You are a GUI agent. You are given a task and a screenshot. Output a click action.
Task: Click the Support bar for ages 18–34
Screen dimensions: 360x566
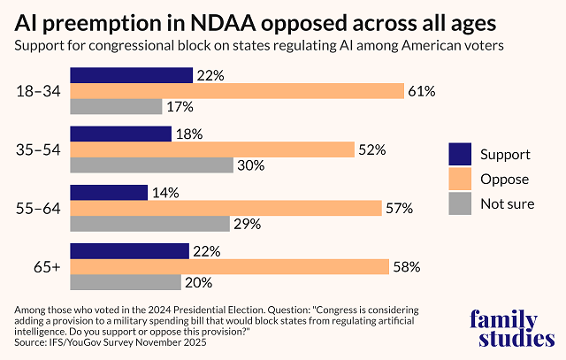point(131,75)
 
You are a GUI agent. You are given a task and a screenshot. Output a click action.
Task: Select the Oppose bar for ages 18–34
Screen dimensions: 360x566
point(236,90)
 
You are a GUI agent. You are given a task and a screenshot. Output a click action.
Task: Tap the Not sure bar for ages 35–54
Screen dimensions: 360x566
point(151,165)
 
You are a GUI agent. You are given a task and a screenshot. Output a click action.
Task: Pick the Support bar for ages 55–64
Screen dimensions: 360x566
point(108,193)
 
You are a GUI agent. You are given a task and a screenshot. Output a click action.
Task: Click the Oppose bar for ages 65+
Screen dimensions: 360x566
point(229,266)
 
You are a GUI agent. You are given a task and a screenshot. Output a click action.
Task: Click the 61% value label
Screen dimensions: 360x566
point(419,90)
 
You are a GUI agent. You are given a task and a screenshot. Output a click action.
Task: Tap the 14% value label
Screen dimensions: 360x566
point(165,193)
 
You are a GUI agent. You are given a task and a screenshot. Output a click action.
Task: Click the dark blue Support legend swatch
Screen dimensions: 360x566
point(460,154)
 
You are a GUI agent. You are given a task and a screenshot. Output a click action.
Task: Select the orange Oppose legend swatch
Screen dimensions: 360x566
point(460,179)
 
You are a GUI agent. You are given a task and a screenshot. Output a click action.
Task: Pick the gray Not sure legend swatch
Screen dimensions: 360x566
point(460,203)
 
